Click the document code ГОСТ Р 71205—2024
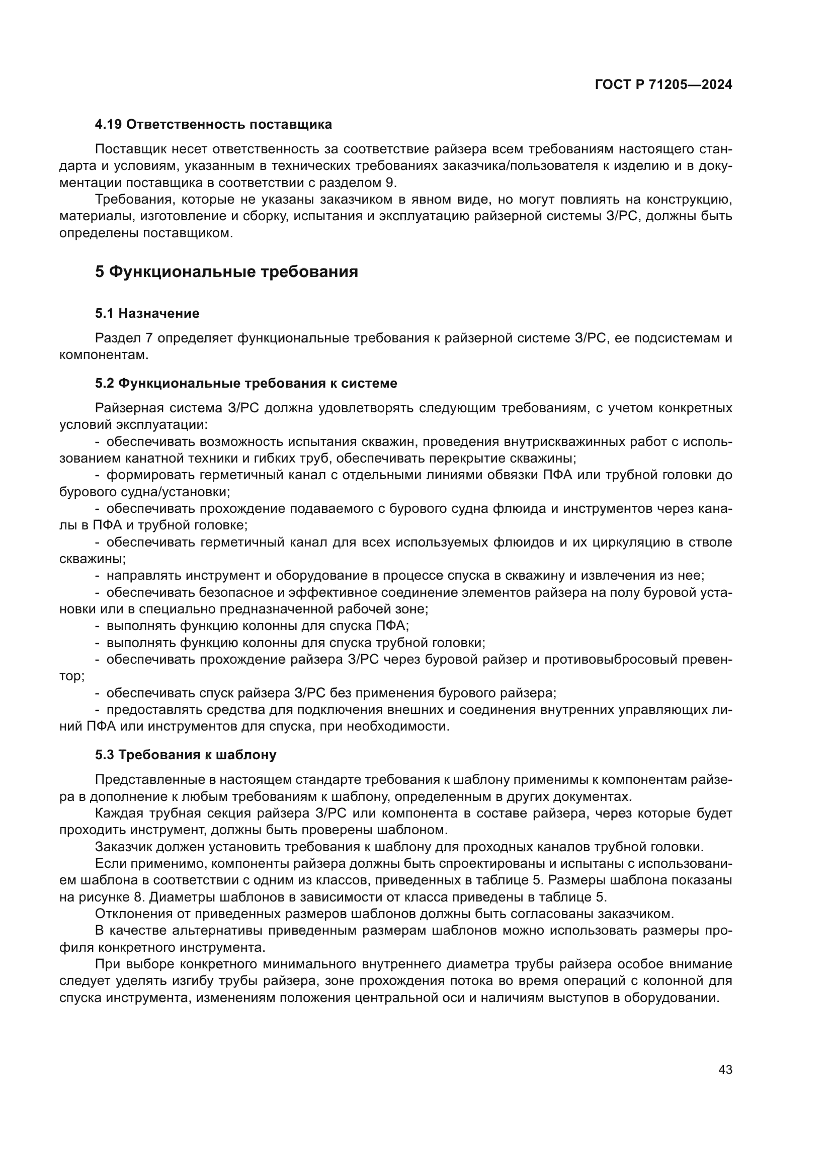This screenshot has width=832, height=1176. pyautogui.click(x=663, y=85)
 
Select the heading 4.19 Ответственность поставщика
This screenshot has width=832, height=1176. pyautogui.click(x=213, y=125)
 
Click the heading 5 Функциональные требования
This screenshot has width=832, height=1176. pyautogui.click(x=226, y=272)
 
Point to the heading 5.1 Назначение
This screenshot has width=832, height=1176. pyautogui.click(x=147, y=313)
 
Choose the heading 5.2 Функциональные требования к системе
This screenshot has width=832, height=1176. pyautogui.click(x=246, y=383)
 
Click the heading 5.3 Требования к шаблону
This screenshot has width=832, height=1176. pyautogui.click(x=186, y=755)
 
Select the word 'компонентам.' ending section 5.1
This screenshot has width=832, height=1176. pyautogui.click(x=104, y=354)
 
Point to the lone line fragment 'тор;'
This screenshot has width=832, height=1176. pyautogui.click(x=72, y=676)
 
